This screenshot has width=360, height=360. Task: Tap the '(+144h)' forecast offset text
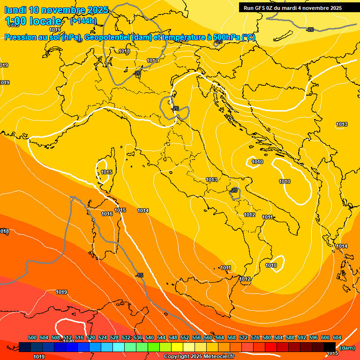coord(83,21)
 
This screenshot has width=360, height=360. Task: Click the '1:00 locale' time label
coord(33,21)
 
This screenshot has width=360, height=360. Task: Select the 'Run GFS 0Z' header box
coord(292,8)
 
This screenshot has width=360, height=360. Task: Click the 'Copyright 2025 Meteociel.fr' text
coord(199,356)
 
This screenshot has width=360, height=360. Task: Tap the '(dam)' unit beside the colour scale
coord(347,348)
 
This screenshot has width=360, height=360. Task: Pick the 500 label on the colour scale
coord(32,337)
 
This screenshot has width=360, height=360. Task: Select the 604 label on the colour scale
coord(337,337)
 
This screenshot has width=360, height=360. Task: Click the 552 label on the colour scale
coord(185,337)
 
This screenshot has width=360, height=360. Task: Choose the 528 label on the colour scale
coord(114,337)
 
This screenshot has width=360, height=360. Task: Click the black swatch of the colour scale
coord(330,347)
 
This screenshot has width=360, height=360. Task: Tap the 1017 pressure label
coord(152,60)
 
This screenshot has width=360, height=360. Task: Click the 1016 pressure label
coord(107,214)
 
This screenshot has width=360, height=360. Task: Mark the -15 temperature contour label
coord(139,275)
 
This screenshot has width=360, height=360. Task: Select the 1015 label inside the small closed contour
coord(106,172)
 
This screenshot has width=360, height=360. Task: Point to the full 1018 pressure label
coord(124,51)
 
